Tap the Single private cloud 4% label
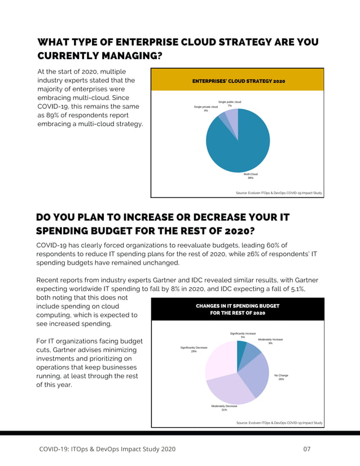(x=205, y=108)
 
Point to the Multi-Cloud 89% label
(x=251, y=176)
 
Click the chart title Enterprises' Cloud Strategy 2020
(x=238, y=81)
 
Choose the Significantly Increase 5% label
(x=243, y=335)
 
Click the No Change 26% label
(x=281, y=377)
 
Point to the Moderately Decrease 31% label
(x=224, y=408)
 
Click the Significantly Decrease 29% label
(x=194, y=349)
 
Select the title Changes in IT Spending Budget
(x=238, y=309)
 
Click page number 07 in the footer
(x=308, y=449)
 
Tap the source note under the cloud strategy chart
(x=279, y=193)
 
